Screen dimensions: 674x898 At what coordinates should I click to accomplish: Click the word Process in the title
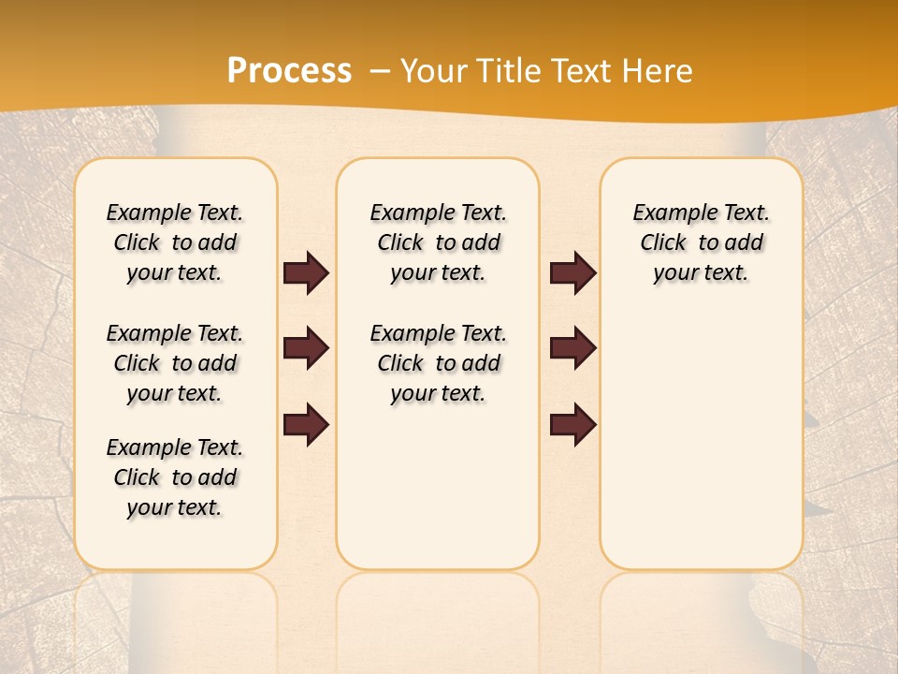(289, 71)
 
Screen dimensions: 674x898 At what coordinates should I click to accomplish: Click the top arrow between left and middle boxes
(306, 272)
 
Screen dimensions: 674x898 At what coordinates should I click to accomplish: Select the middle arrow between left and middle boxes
(306, 348)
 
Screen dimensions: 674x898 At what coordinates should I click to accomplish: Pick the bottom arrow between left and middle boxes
(306, 425)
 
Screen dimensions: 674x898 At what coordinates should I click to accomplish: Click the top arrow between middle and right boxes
(572, 272)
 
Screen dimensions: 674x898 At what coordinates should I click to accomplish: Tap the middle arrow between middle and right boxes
(572, 348)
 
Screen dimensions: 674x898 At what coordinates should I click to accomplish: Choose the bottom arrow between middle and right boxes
(572, 425)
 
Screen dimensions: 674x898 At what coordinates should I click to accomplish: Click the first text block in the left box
(175, 242)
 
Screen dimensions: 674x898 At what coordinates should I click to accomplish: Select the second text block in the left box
(175, 363)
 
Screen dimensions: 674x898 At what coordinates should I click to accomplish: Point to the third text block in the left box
(175, 477)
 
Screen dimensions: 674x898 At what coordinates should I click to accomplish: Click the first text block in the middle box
(439, 242)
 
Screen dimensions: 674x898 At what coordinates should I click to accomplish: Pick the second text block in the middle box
(439, 363)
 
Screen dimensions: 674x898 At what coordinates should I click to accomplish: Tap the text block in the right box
(702, 242)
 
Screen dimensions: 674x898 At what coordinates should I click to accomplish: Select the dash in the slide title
(380, 71)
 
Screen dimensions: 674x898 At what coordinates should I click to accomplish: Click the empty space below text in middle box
(439, 487)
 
